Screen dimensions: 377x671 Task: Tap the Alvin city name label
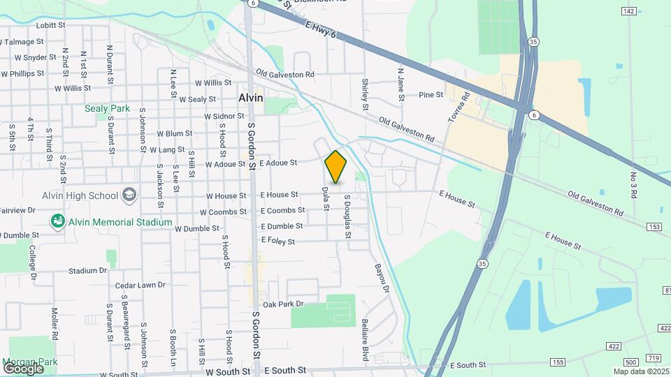pos(251,98)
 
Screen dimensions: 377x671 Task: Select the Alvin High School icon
pos(129,193)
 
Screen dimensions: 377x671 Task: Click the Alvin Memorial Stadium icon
pos(58,221)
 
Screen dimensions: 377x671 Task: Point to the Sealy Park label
pos(108,108)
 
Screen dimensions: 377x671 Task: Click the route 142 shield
pos(628,10)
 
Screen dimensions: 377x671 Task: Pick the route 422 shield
pos(613,346)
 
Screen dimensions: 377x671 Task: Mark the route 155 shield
pos(557,362)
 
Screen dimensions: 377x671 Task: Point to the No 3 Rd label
pos(633,185)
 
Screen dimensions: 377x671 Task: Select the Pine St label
pos(431,95)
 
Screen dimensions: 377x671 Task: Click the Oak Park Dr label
pos(283,304)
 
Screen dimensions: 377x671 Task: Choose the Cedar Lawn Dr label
pos(140,285)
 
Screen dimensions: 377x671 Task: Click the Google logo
pos(23,368)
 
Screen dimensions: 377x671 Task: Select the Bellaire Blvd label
pos(365,340)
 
